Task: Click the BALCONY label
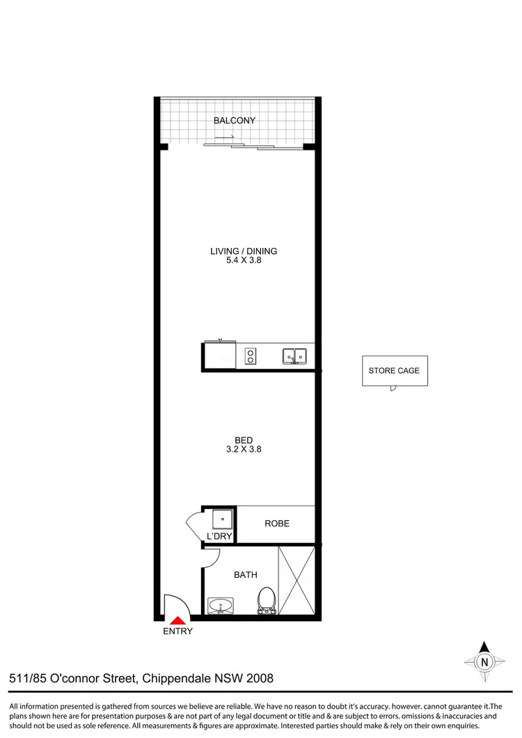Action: pos(235,120)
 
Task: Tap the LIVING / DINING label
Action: pos(239,251)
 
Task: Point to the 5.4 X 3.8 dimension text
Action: pos(239,261)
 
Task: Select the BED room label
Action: pos(244,440)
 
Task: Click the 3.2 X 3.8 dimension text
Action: pos(244,450)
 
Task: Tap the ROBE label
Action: pos(277,524)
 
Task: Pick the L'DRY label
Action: pos(219,536)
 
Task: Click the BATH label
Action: pos(245,575)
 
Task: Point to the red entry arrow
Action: pos(178,620)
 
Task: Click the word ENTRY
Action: pos(177,631)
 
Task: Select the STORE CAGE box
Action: pos(394,371)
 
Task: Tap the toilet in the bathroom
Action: pos(267,600)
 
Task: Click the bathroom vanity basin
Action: pos(223,605)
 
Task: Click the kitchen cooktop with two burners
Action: pos(251,356)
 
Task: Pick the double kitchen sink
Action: pos(296,356)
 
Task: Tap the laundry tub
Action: pos(222,519)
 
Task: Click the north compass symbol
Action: pos(484,661)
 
